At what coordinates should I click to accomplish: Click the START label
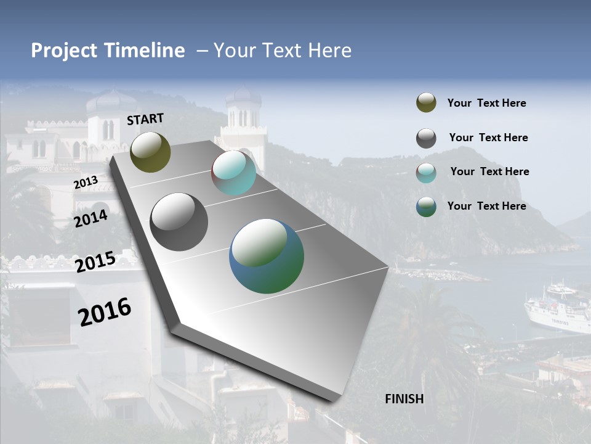[145, 119]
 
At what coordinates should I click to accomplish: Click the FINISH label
[404, 399]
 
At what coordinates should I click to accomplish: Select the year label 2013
[86, 183]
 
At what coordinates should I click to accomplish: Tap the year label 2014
[91, 219]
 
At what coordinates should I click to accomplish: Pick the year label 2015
[95, 262]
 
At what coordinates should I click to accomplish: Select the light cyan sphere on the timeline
[234, 173]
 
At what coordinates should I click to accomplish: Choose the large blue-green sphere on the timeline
[267, 256]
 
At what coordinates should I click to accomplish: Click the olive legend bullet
[426, 103]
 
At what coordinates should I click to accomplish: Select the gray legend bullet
[426, 138]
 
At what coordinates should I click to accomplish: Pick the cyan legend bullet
[426, 173]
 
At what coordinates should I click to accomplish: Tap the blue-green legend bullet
[426, 207]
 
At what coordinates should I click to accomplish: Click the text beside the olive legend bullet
[486, 103]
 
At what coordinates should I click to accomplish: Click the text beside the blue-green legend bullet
[486, 206]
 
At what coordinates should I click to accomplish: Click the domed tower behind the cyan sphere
[244, 114]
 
